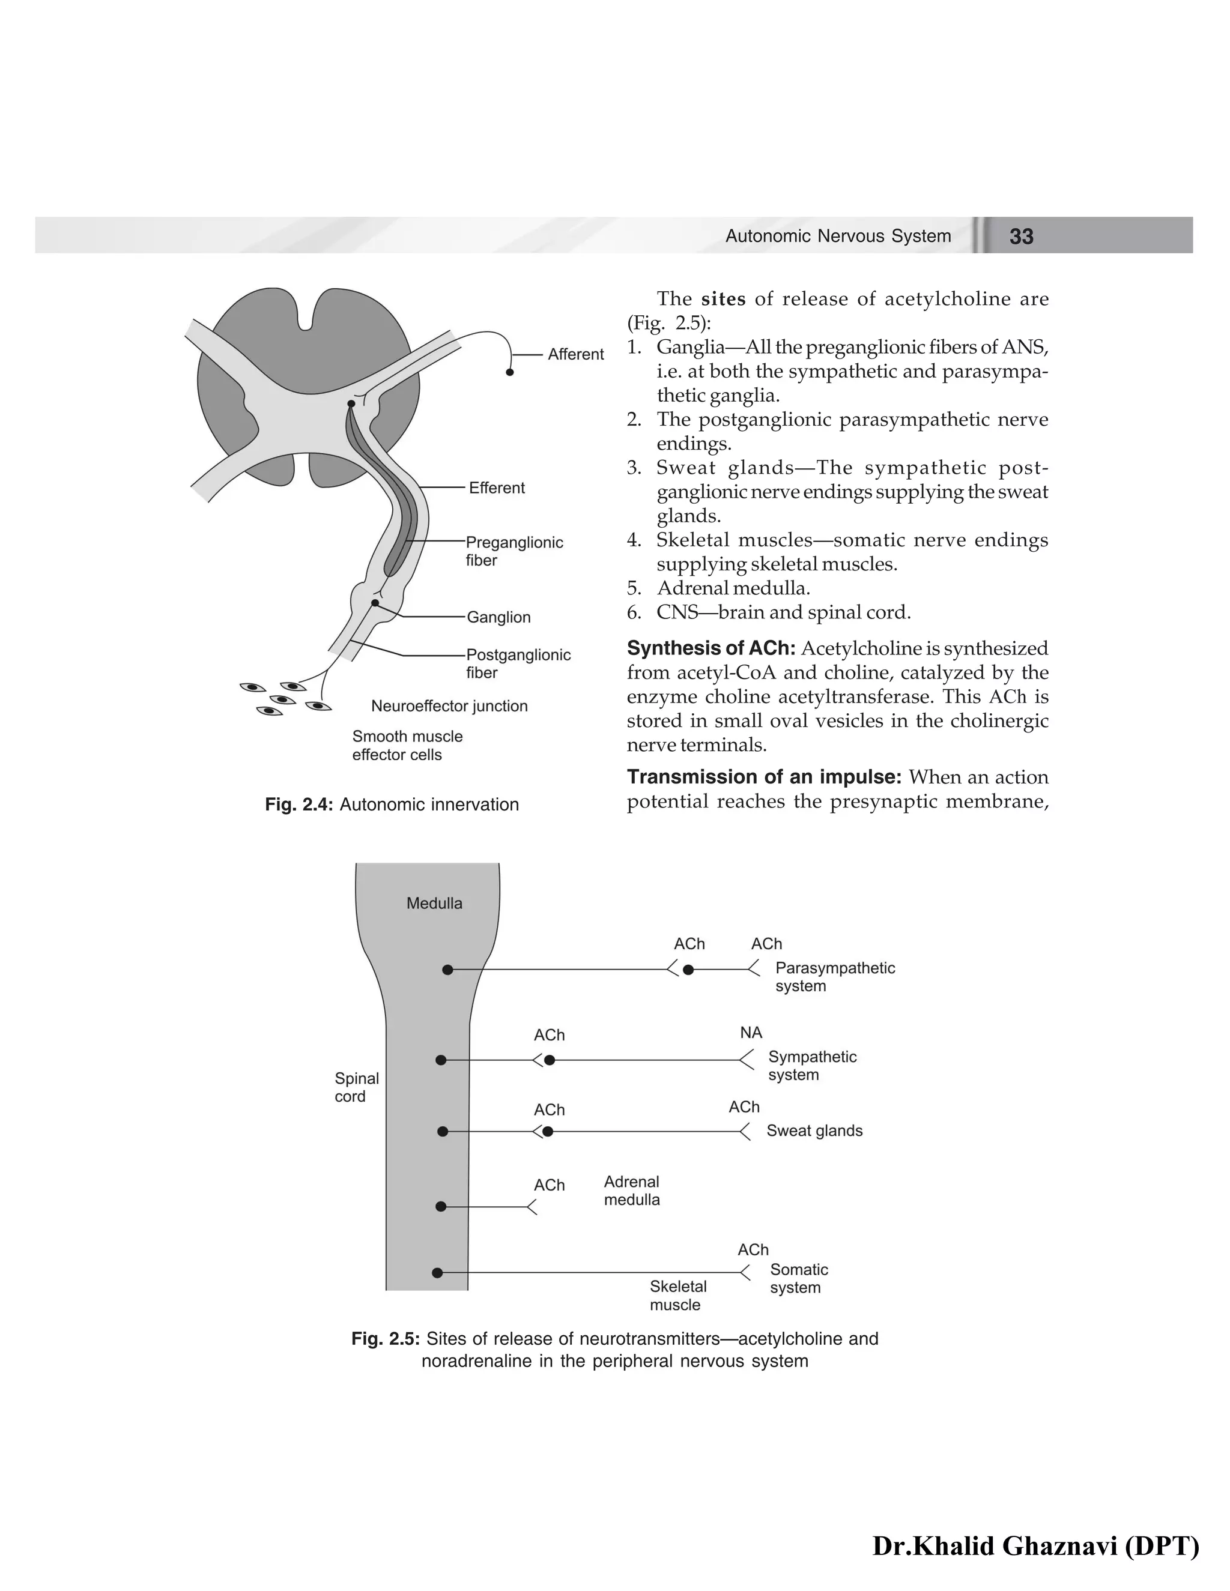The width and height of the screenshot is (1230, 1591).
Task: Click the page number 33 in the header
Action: (x=1021, y=236)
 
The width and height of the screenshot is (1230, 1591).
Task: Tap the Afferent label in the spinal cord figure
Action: (x=575, y=354)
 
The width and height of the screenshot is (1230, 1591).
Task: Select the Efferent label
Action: (x=496, y=488)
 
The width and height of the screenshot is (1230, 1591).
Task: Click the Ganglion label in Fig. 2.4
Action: (x=498, y=617)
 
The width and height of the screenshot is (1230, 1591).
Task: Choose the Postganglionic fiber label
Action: (x=518, y=663)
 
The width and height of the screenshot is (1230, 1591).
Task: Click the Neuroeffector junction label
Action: (x=449, y=706)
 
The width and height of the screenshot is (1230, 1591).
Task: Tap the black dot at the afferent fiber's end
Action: (x=510, y=372)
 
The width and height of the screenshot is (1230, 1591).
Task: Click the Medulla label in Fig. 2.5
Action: (x=434, y=904)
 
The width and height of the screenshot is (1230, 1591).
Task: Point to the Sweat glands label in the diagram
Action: (x=814, y=1131)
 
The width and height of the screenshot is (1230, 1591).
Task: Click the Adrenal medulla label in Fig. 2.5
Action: (x=632, y=1191)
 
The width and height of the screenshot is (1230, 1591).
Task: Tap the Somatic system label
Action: (x=799, y=1278)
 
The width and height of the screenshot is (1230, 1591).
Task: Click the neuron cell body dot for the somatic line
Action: (x=437, y=1273)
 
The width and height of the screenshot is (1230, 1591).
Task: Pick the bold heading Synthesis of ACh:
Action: (x=710, y=648)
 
